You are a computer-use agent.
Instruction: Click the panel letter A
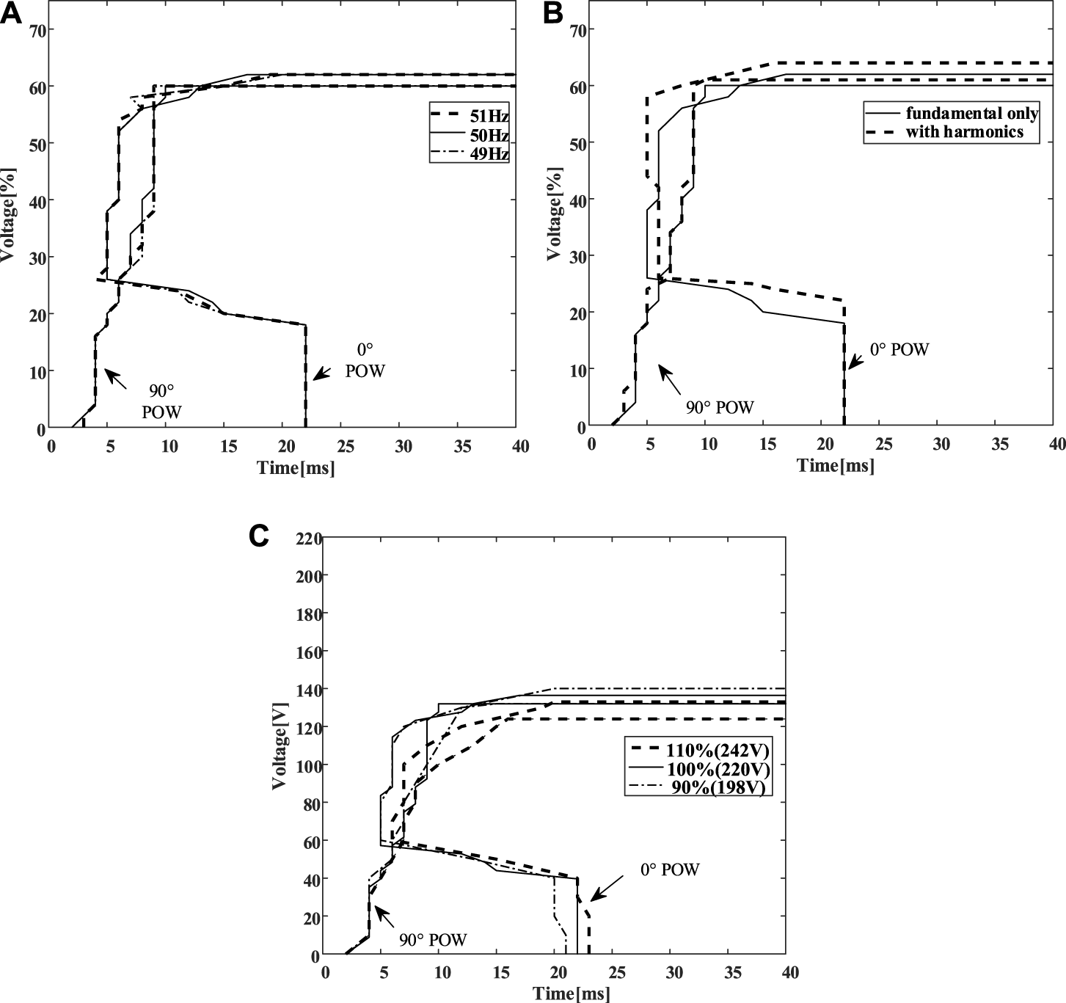(x=11, y=12)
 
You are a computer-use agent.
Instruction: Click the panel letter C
(x=259, y=536)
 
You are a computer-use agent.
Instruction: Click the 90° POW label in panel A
(x=161, y=400)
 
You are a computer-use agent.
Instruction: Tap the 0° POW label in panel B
(x=899, y=349)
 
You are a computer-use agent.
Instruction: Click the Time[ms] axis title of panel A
(x=296, y=467)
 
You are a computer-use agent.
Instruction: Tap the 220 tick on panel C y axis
(x=307, y=539)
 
